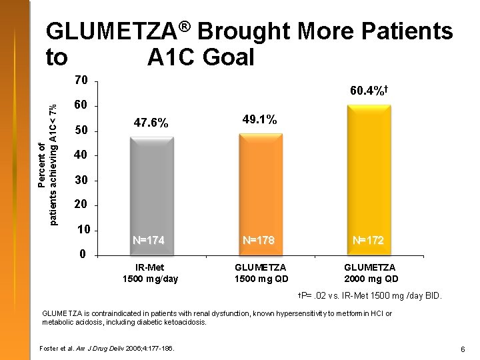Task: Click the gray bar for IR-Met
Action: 151,193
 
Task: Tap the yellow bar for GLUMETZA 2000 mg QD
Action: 370,180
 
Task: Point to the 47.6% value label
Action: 151,123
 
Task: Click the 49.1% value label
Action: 259,119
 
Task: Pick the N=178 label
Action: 258,240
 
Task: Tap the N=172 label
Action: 368,240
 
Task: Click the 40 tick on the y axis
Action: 81,155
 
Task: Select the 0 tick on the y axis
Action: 81,254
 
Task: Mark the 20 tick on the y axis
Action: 81,205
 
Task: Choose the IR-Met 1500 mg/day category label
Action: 151,273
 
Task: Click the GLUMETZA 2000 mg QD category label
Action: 371,273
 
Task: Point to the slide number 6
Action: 462,349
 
